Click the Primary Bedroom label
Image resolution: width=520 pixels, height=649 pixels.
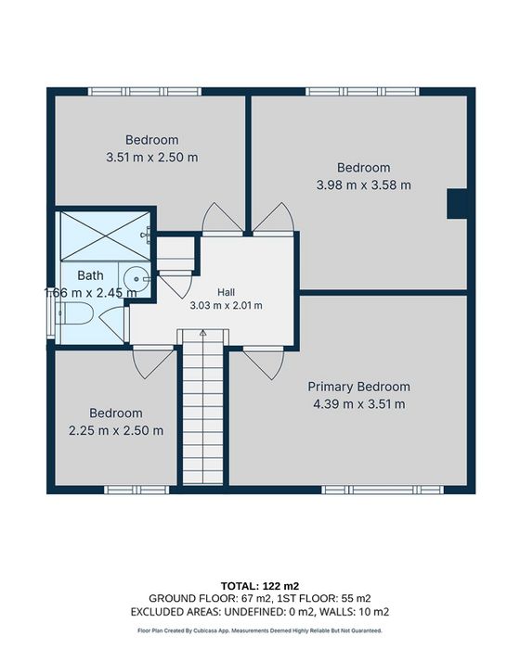pos(358,387)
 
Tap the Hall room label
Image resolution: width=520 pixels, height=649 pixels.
pos(226,292)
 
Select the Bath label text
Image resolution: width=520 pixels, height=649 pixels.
pos(90,275)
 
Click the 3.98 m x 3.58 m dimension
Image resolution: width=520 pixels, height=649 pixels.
pos(364,185)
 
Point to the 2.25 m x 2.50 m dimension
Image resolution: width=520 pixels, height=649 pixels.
pos(116,430)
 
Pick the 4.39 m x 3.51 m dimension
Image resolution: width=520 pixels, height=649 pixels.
pos(358,404)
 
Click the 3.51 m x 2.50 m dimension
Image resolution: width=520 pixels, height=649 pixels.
pos(151,158)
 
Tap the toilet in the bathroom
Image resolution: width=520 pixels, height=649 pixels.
pos(74,313)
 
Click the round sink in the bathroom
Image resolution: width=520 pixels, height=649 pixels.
pos(137,279)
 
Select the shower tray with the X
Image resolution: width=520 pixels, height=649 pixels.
pos(105,235)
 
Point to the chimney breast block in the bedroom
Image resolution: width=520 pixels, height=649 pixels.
pos(457,204)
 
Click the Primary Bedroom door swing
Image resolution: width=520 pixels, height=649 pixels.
pos(264,364)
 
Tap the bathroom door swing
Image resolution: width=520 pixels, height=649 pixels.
pos(112,324)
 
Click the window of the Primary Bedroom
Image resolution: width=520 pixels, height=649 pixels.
pos(383,490)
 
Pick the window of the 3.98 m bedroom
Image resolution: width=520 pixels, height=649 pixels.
pos(363,92)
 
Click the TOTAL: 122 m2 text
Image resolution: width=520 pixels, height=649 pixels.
pos(260,586)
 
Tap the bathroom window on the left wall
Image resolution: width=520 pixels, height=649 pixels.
pos(50,313)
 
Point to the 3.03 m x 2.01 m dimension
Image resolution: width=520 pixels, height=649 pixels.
pos(226,306)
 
